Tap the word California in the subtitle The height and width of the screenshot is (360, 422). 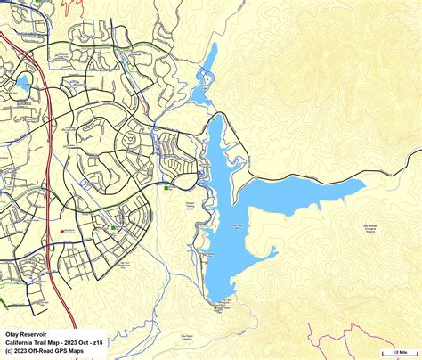(20, 342)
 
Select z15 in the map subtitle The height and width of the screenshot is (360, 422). (97, 342)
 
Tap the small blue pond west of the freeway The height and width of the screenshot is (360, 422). (21, 86)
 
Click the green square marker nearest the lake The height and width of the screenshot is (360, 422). (167, 187)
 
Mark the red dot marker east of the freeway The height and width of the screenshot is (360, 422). (62, 230)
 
